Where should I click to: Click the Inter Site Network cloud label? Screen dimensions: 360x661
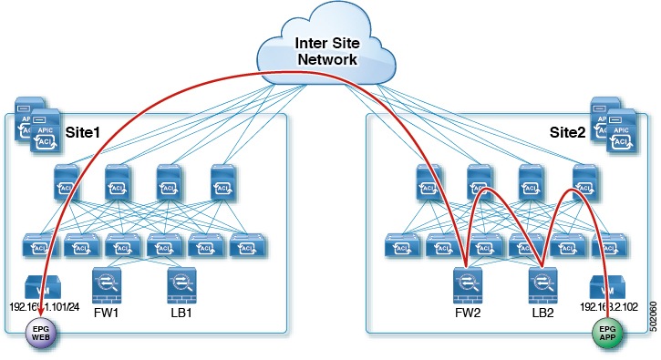328,51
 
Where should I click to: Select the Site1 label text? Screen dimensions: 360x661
84,132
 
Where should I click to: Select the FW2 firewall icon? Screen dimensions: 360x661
467,284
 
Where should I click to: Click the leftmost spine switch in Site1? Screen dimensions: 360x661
67,180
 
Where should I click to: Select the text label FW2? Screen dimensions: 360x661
468,314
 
